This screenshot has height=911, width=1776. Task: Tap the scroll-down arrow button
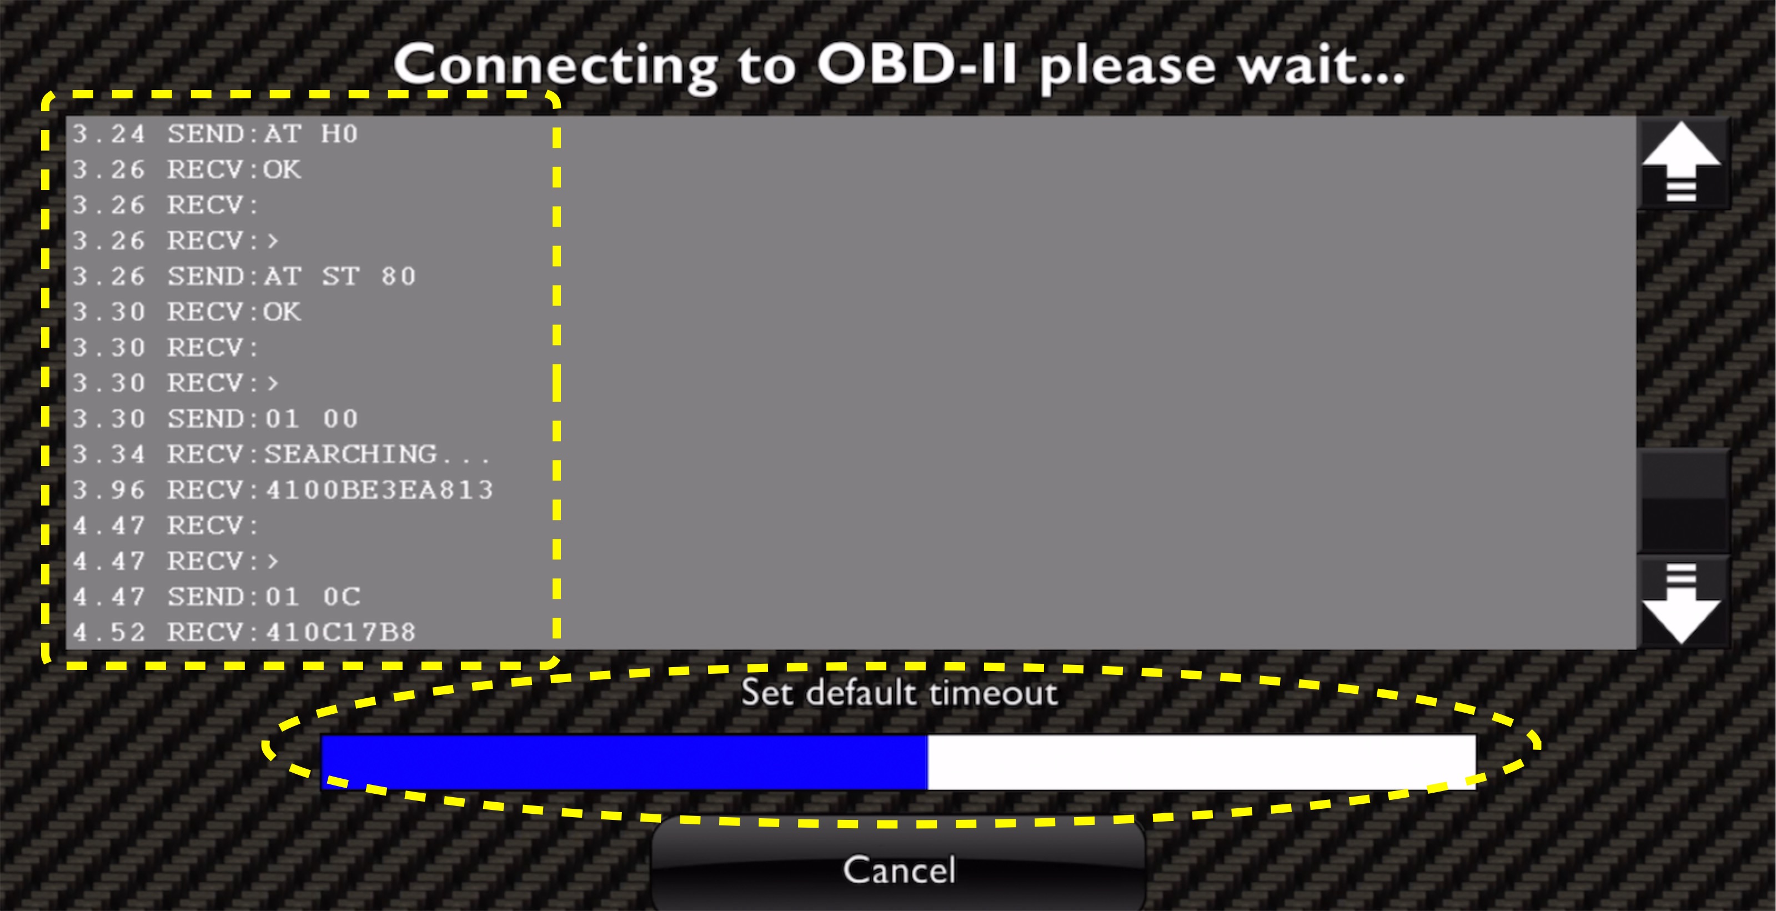click(1682, 603)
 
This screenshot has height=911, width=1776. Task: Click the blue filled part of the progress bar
click(624, 762)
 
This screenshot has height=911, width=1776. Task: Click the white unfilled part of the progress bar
click(1202, 762)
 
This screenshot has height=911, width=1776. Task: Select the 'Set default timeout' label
click(899, 692)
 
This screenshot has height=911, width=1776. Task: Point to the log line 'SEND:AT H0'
click(263, 134)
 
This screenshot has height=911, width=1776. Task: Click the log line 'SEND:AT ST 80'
click(292, 277)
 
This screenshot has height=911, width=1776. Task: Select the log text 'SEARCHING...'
click(377, 454)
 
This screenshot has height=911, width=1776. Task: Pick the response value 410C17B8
click(342, 632)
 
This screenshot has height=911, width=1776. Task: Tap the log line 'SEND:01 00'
click(263, 419)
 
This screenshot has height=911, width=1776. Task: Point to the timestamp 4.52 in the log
click(109, 632)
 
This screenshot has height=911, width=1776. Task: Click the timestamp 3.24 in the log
click(109, 134)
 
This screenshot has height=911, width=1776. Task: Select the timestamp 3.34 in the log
click(109, 454)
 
